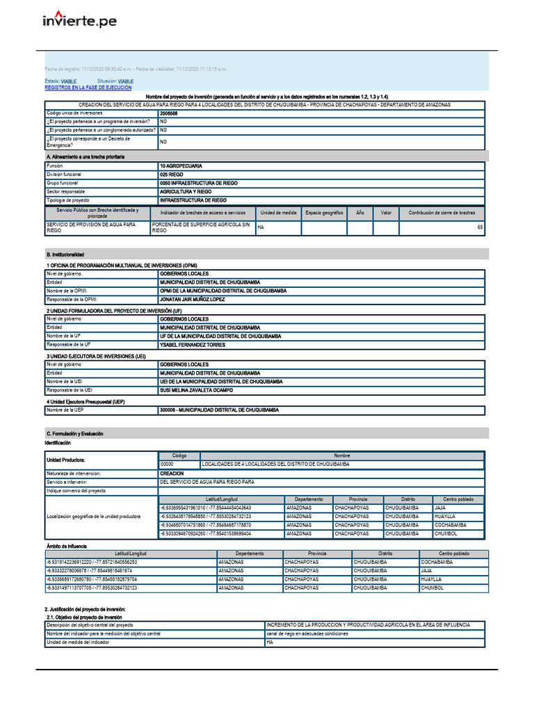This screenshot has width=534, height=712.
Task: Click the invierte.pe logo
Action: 80,21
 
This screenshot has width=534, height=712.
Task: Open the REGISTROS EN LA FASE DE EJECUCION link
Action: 88,88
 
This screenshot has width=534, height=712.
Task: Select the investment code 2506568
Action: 168,113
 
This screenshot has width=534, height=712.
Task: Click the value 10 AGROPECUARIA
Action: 181,166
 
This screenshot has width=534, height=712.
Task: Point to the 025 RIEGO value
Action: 172,175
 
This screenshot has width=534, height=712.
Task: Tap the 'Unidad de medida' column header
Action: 278,213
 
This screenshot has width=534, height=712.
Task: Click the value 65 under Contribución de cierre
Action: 479,227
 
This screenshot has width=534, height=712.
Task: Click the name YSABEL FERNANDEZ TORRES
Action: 193,344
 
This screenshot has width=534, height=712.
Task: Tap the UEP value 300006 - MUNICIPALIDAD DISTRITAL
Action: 219,410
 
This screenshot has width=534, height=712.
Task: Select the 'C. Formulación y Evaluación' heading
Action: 74,433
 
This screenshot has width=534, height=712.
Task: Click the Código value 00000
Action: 167,464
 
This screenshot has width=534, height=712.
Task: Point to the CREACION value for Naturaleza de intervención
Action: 172,473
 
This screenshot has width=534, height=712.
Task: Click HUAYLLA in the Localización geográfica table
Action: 445,517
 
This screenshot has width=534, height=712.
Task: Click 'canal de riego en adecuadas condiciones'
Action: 307,634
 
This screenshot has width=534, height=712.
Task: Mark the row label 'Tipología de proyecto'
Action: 68,200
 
